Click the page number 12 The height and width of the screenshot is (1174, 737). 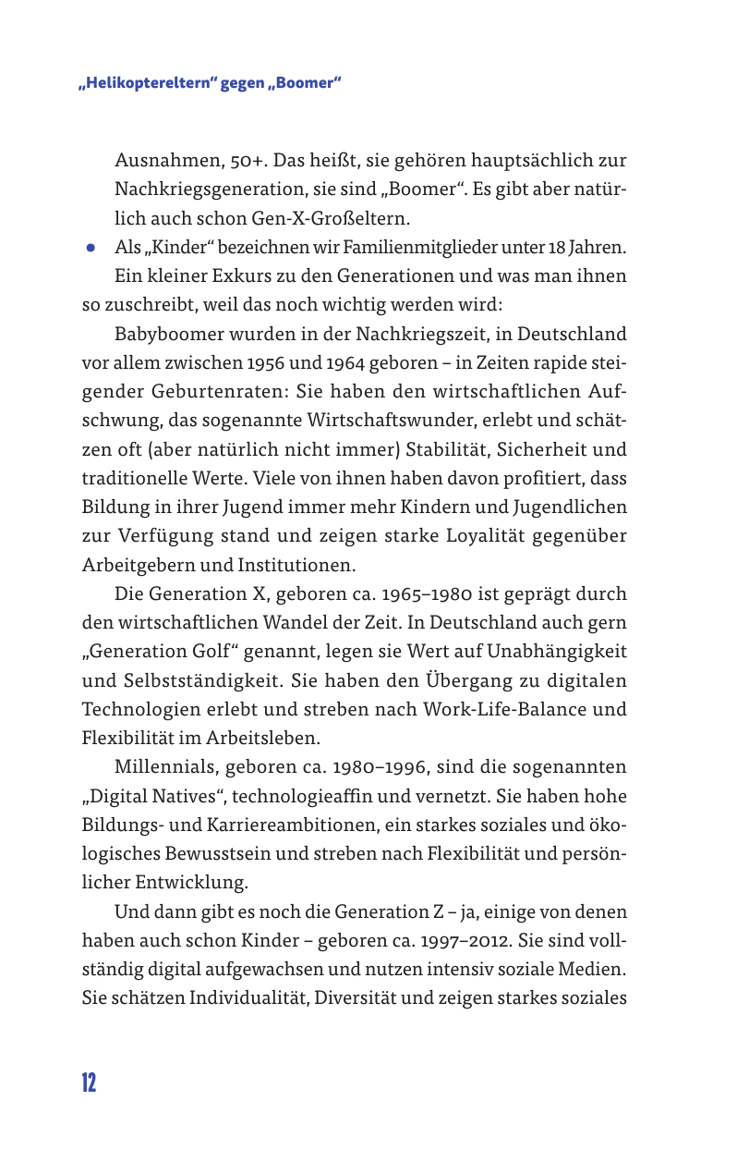(88, 1082)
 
